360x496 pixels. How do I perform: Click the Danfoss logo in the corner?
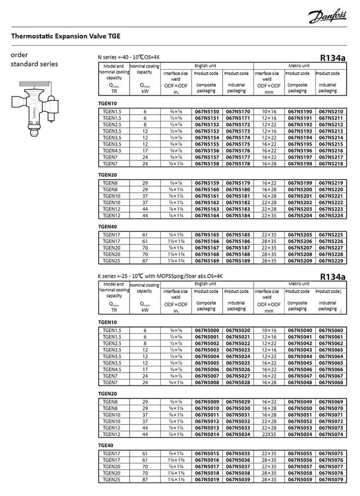[x=327, y=16]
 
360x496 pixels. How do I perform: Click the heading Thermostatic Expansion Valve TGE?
[x=66, y=36]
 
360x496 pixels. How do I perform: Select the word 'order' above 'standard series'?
[x=19, y=55]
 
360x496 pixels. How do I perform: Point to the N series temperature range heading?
[x=129, y=57]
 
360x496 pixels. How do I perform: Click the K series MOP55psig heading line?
[x=160, y=276]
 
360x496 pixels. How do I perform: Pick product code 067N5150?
[x=207, y=112]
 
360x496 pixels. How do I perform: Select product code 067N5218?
[x=331, y=164]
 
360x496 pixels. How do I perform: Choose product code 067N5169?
[x=207, y=261]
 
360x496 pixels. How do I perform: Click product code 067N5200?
[x=300, y=189]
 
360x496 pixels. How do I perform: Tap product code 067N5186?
[x=238, y=241]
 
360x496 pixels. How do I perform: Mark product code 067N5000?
[x=207, y=330]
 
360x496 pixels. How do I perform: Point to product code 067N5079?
[x=331, y=479]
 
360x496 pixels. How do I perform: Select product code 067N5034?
[x=238, y=434]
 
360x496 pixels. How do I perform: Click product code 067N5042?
[x=300, y=343]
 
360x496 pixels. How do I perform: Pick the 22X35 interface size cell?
[x=269, y=434]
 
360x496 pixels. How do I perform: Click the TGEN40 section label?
[x=108, y=227]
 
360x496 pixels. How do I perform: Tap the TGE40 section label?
[x=106, y=445]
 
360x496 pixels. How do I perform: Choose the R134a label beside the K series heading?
[x=332, y=277]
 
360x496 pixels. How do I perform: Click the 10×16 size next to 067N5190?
[x=269, y=112]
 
